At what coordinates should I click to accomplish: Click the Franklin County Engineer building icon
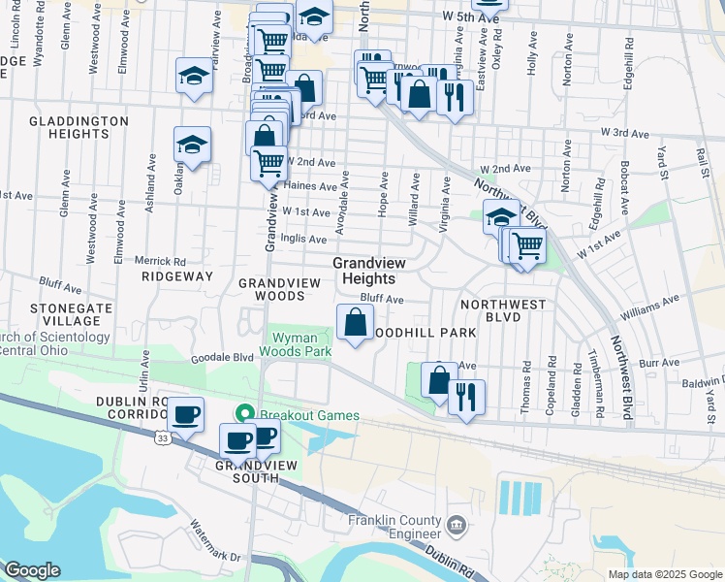[457, 525]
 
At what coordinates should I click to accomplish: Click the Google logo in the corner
[33, 570]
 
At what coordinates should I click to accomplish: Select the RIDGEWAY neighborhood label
[176, 276]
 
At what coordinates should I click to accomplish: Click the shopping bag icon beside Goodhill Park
[356, 321]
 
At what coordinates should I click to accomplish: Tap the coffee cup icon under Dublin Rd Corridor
[185, 415]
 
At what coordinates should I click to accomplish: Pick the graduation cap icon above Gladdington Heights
[194, 76]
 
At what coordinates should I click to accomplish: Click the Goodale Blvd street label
[221, 357]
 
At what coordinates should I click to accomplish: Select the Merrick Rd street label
[160, 261]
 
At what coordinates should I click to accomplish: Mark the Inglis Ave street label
[303, 239]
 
